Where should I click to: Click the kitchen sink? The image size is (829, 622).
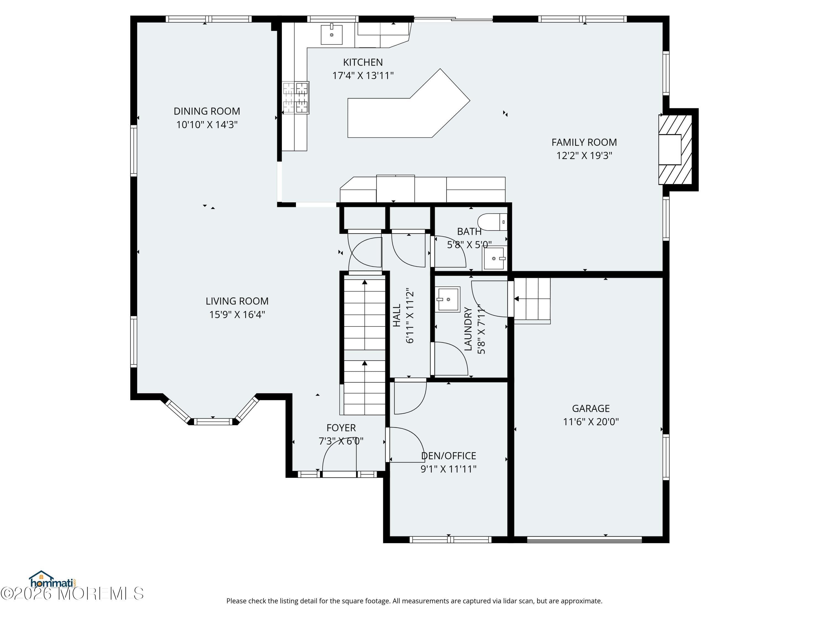[x=331, y=35]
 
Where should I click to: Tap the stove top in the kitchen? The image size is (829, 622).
[x=295, y=98]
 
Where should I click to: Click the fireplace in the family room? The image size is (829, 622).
[x=675, y=149]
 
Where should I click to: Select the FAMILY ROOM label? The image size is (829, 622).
[x=584, y=142]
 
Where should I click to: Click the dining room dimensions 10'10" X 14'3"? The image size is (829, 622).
[x=207, y=124]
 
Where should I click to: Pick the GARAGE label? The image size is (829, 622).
[x=591, y=408]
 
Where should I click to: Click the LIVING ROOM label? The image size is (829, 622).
[x=237, y=301]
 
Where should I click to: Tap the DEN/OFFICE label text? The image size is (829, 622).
[x=448, y=456]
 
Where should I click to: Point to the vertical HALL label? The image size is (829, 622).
[x=397, y=315]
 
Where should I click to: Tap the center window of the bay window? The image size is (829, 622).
[x=213, y=421]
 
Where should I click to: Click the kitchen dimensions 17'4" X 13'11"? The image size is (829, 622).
[x=363, y=75]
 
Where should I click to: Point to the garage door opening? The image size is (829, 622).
[x=585, y=540]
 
